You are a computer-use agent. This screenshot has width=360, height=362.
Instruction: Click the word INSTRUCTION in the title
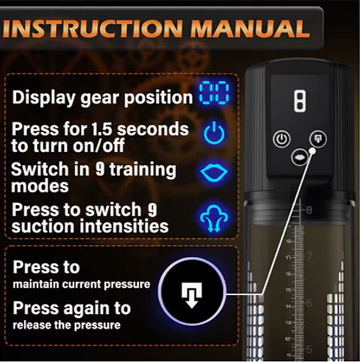point(93,29)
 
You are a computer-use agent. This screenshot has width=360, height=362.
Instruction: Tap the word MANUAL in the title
point(250,29)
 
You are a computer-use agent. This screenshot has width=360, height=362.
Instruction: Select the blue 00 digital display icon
point(214,92)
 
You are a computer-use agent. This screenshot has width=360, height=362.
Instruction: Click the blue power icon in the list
point(214,133)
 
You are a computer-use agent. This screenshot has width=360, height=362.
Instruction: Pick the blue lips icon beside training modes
point(214,173)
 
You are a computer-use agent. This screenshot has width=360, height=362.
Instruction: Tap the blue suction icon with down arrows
point(214,218)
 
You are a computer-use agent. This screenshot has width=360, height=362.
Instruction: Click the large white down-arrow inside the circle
point(192,295)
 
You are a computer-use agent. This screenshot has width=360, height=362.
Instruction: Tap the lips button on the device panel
point(299,158)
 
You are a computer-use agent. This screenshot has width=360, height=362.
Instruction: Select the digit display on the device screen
point(300,101)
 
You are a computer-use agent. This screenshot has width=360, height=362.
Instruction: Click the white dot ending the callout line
point(312,150)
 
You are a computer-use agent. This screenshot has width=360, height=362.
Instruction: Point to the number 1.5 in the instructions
point(101,128)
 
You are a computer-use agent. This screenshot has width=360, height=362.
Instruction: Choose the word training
point(143,170)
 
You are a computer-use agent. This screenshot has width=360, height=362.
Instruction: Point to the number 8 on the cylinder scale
point(309,210)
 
